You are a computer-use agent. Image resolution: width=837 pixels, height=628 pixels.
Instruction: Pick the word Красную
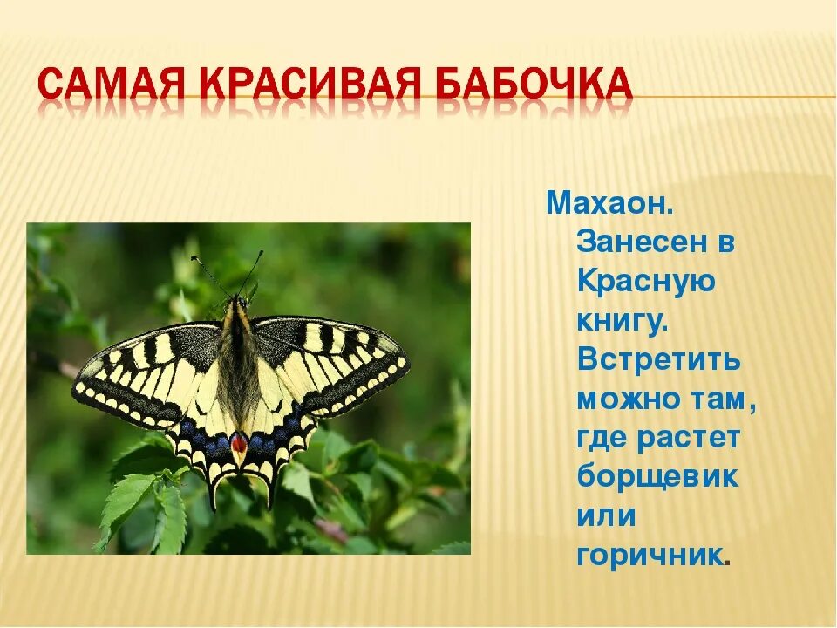coord(646,283)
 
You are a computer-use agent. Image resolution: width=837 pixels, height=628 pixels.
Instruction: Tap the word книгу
coord(623,322)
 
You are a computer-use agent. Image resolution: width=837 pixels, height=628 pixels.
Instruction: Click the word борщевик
coord(657,476)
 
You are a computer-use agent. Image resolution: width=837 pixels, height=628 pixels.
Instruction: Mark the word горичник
coord(650,555)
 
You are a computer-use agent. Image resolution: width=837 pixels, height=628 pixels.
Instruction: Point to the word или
coord(607,516)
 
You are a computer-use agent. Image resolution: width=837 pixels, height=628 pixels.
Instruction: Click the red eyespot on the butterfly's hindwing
coord(239,443)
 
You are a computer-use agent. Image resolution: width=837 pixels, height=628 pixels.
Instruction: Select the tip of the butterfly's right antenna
coord(262,251)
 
